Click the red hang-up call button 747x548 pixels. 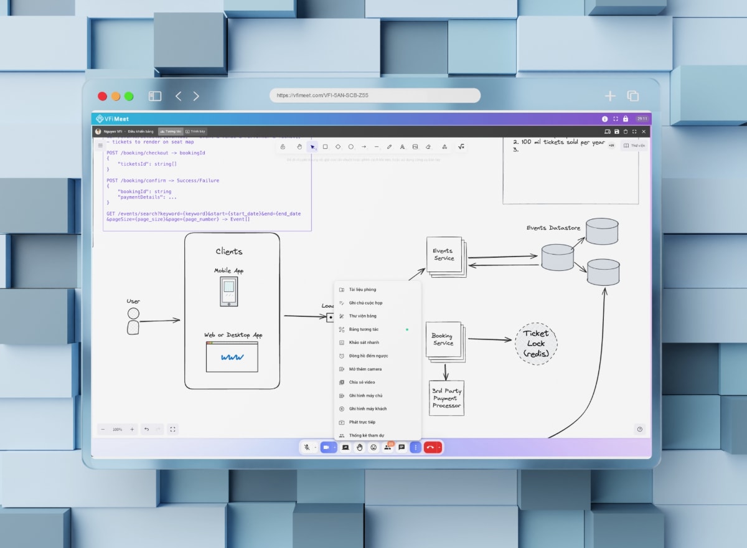point(430,447)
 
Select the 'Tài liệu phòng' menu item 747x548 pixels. point(362,290)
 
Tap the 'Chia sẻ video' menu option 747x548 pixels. point(362,382)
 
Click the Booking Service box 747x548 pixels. point(444,341)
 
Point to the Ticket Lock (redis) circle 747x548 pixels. point(536,343)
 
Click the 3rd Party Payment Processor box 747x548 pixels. point(446,399)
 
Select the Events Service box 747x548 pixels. point(444,255)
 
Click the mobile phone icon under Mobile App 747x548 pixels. point(228,291)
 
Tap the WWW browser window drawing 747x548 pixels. point(232,357)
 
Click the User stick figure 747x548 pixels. point(133,321)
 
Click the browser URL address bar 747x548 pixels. point(375,95)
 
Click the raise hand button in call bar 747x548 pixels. point(360,447)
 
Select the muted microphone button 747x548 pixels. point(307,447)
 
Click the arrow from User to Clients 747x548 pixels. point(159,321)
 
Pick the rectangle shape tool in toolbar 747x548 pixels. point(325,147)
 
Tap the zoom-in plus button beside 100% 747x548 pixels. point(132,429)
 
